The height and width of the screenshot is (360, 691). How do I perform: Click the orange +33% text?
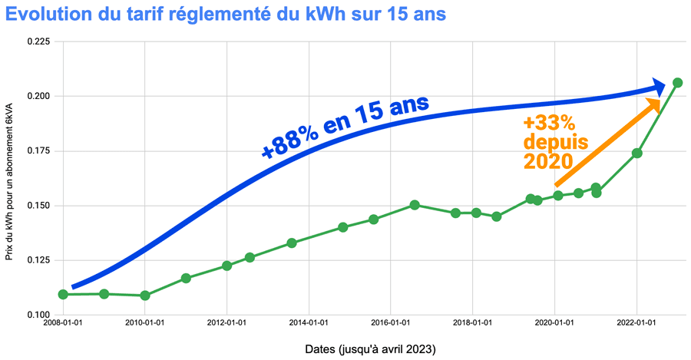point(549,124)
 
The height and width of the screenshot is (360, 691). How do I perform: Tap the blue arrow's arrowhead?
point(658,86)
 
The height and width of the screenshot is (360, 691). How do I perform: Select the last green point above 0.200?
point(677,83)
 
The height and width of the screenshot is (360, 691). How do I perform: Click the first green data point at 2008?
point(63,294)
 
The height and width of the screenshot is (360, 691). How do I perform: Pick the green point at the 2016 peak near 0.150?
point(415,205)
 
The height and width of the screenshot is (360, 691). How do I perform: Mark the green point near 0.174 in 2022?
point(637,153)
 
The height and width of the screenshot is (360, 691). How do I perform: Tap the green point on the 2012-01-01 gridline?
point(227,266)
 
